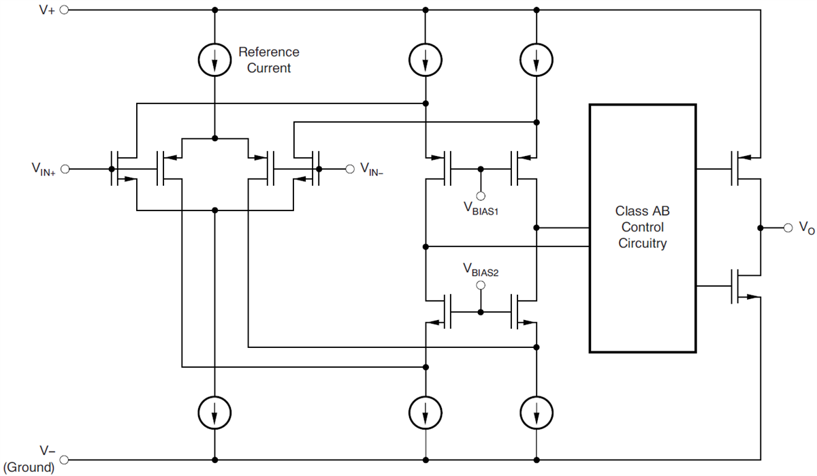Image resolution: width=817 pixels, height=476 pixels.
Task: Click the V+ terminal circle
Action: click(x=65, y=10)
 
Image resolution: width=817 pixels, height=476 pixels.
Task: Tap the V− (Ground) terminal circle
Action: click(x=65, y=459)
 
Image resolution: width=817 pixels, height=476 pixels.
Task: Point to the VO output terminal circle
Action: click(x=788, y=227)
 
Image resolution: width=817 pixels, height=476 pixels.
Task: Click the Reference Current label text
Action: click(x=268, y=60)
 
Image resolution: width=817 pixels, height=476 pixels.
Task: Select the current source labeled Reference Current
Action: click(x=214, y=61)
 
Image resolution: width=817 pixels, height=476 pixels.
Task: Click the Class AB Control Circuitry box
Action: click(x=642, y=228)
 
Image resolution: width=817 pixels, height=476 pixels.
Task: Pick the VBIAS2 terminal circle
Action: click(x=481, y=286)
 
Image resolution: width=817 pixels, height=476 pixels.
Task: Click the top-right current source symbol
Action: click(x=536, y=61)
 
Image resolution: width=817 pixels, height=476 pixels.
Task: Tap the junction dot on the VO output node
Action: click(x=759, y=227)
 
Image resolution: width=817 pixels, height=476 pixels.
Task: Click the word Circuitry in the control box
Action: click(x=642, y=244)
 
